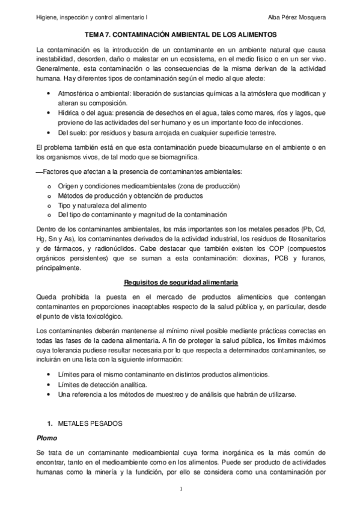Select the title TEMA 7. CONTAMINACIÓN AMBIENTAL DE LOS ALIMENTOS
pos(180,35)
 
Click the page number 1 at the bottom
pos(180,495)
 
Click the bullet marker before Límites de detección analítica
pos(48,384)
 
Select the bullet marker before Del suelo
pos(48,132)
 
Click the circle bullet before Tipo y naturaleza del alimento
pos(48,205)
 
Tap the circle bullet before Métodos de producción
pos(48,195)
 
